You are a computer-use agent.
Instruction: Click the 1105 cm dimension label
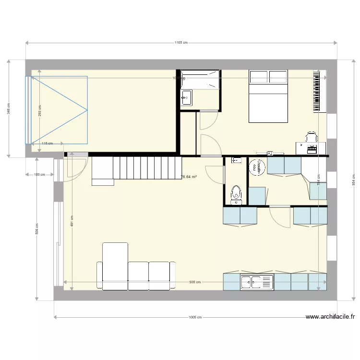coord(180,43)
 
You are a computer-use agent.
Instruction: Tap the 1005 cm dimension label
coord(194,317)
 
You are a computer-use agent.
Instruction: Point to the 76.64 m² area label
coord(189,177)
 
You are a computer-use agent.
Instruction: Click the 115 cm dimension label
coord(46,144)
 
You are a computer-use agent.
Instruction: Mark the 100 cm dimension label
coord(39,175)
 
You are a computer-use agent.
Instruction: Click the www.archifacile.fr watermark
coord(330,317)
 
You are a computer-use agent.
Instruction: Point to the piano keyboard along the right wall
coord(317,91)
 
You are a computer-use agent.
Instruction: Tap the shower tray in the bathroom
coord(201,79)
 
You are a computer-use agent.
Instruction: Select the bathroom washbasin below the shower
coord(186,98)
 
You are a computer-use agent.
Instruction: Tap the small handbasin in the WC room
coord(236,160)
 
